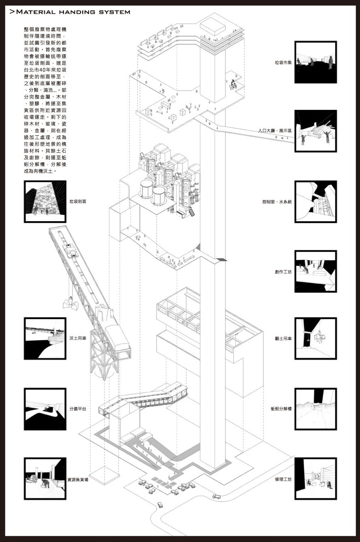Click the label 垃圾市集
(x=283, y=63)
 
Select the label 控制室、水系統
(x=277, y=201)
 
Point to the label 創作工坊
(x=283, y=271)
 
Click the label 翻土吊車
(x=283, y=339)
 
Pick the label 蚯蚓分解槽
(x=281, y=409)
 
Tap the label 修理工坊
(x=283, y=479)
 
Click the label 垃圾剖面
(x=78, y=201)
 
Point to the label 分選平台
(x=78, y=409)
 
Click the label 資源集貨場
(x=78, y=479)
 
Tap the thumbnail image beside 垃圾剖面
(x=45, y=201)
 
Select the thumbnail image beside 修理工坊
(x=315, y=478)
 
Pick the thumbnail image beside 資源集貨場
(x=45, y=478)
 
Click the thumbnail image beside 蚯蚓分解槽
(x=315, y=409)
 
